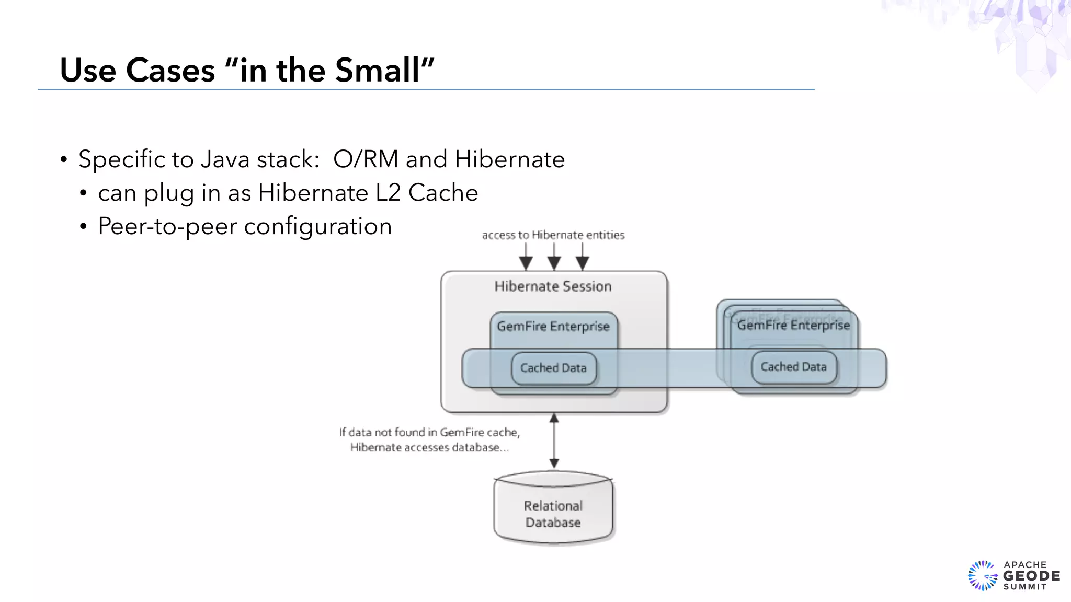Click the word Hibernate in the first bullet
(x=509, y=159)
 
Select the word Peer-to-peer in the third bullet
(x=167, y=226)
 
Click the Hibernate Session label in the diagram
(x=553, y=286)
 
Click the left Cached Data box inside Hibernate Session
(x=553, y=368)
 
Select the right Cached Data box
(x=793, y=367)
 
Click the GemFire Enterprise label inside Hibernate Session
(x=553, y=327)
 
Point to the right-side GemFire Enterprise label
(x=793, y=326)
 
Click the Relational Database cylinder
(x=553, y=512)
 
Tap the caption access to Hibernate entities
(x=553, y=235)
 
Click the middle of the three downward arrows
(x=554, y=258)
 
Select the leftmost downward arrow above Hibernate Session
(x=526, y=258)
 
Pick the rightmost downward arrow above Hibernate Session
(x=582, y=258)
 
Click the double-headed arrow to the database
(x=554, y=441)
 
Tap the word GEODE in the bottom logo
(x=1031, y=576)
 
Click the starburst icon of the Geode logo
(x=983, y=576)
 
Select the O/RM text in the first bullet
(x=366, y=159)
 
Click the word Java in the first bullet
(x=225, y=159)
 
